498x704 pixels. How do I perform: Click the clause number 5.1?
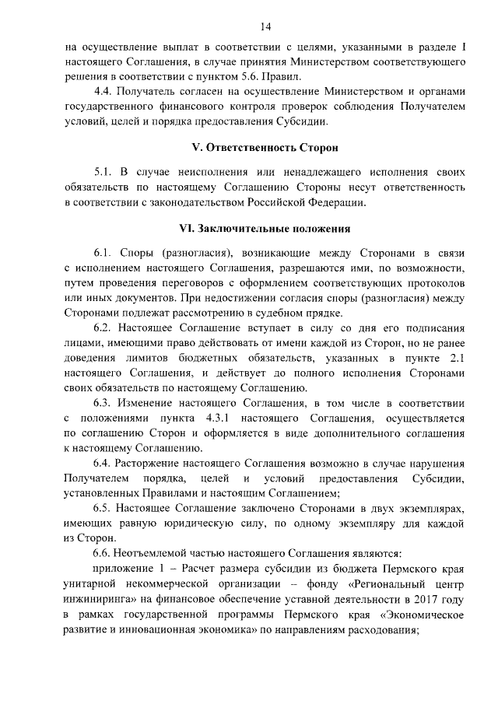tap(103, 173)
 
